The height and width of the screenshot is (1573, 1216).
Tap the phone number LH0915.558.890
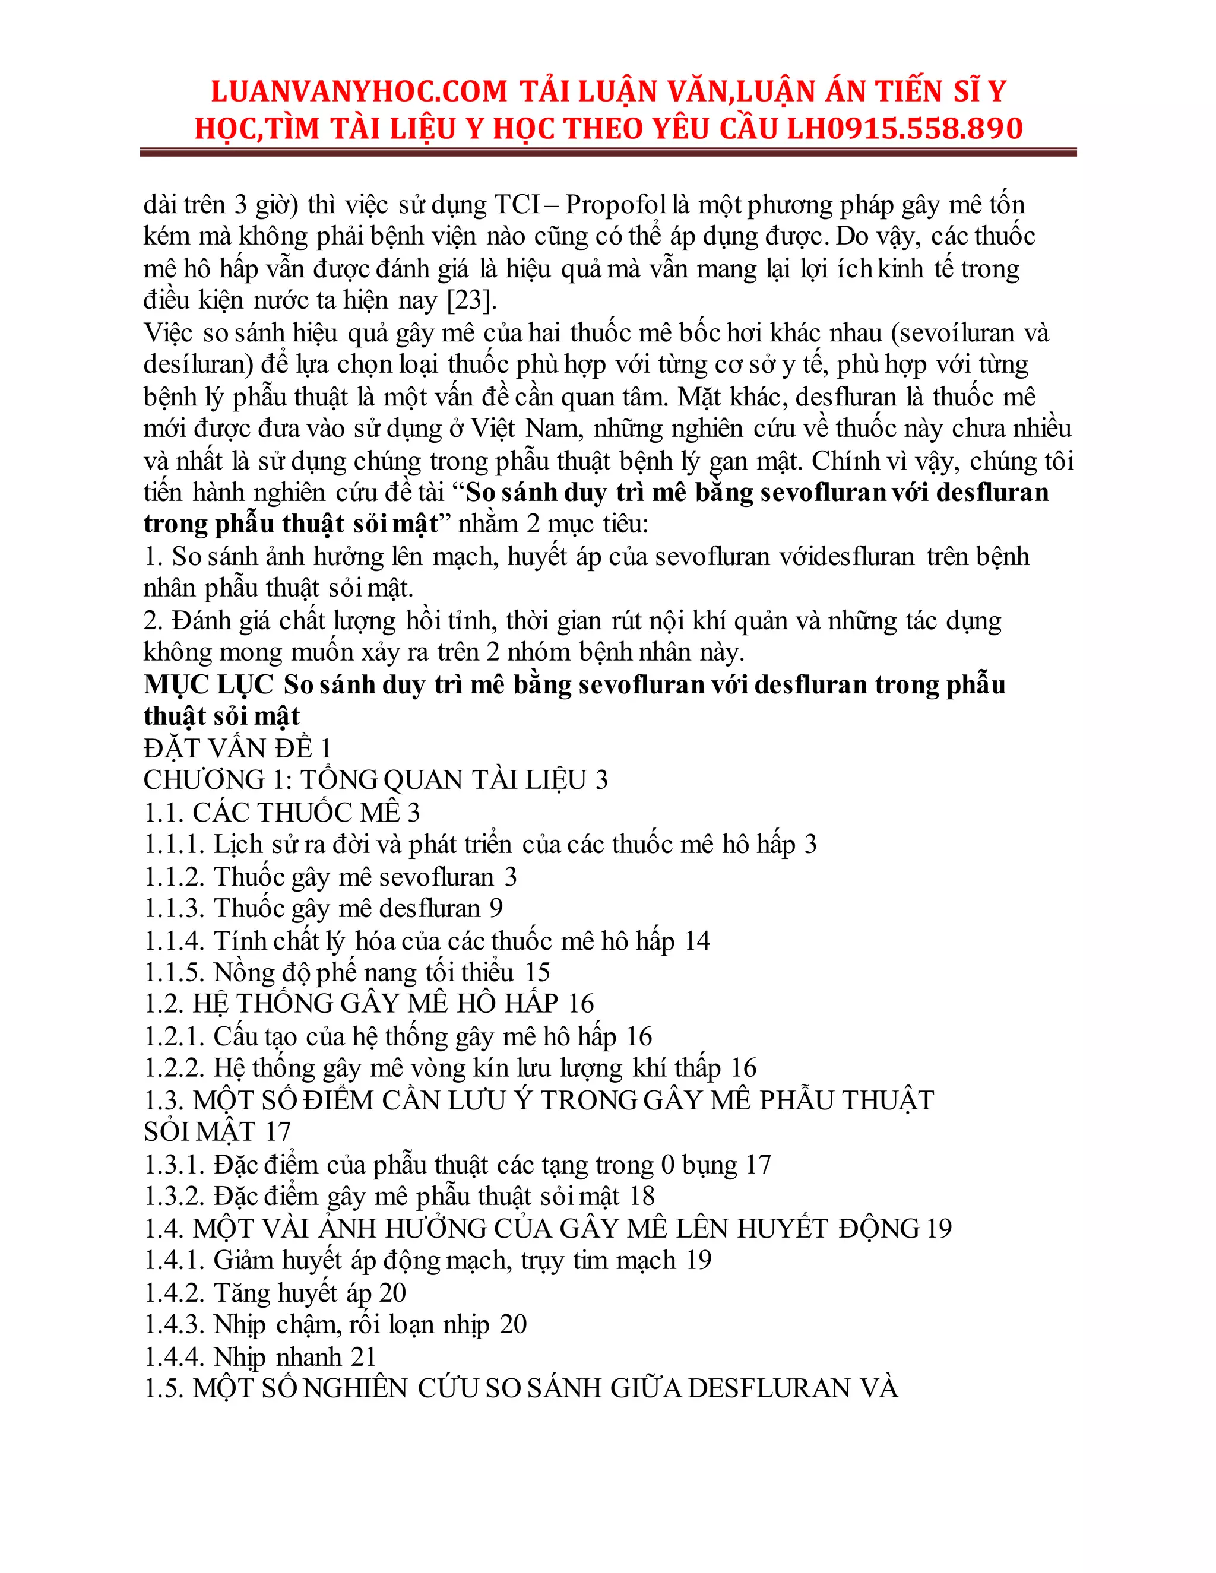click(905, 129)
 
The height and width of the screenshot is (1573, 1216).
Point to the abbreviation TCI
click(517, 205)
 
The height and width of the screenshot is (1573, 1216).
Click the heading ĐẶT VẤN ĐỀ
click(227, 749)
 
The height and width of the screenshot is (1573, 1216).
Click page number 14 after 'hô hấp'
click(696, 941)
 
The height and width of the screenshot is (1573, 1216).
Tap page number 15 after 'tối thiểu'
click(537, 973)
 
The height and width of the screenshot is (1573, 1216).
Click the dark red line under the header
click(608, 153)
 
